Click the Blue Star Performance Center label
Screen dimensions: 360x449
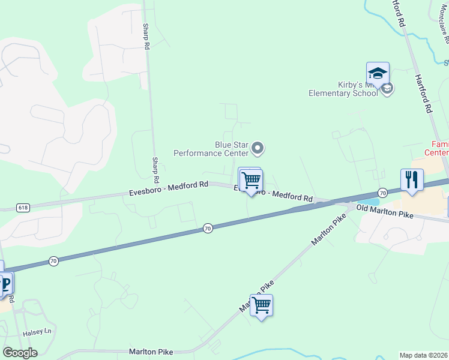[211, 149]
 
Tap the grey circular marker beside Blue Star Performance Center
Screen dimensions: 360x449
[258, 148]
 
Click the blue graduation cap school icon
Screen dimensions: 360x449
[378, 74]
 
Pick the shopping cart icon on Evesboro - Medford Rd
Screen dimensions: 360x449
[251, 180]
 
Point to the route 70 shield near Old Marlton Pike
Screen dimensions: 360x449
[382, 193]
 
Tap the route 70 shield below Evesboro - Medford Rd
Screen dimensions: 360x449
[207, 228]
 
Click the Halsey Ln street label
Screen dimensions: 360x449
[38, 331]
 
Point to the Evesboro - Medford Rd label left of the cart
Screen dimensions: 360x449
[169, 188]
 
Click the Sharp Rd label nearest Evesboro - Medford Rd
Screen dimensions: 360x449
[155, 170]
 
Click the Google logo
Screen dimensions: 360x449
[20, 353]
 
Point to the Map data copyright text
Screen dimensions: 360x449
[424, 355]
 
